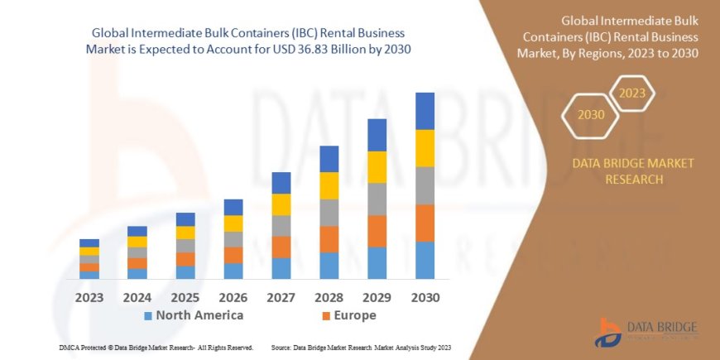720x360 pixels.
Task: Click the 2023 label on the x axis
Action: (x=89, y=297)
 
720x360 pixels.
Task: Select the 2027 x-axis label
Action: (x=281, y=297)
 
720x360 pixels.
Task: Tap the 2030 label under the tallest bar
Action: (x=425, y=297)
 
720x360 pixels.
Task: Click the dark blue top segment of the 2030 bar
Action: (x=425, y=111)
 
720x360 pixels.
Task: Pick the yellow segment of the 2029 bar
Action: (x=377, y=167)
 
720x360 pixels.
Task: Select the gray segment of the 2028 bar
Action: (x=329, y=213)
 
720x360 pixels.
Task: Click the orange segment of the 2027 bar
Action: (x=281, y=247)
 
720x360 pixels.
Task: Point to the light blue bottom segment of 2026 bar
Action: (x=233, y=271)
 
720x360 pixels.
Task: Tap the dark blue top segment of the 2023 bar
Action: (x=89, y=243)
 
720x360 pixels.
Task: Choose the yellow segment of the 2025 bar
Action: (x=185, y=233)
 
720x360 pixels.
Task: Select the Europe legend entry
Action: (x=348, y=315)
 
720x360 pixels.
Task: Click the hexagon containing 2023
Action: (x=631, y=93)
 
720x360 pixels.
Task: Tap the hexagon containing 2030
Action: (x=591, y=114)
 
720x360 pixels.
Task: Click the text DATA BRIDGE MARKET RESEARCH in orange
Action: (x=633, y=171)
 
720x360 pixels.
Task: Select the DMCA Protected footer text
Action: (x=156, y=348)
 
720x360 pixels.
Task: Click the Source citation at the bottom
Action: (x=365, y=348)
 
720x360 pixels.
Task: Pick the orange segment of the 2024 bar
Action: (x=137, y=263)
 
